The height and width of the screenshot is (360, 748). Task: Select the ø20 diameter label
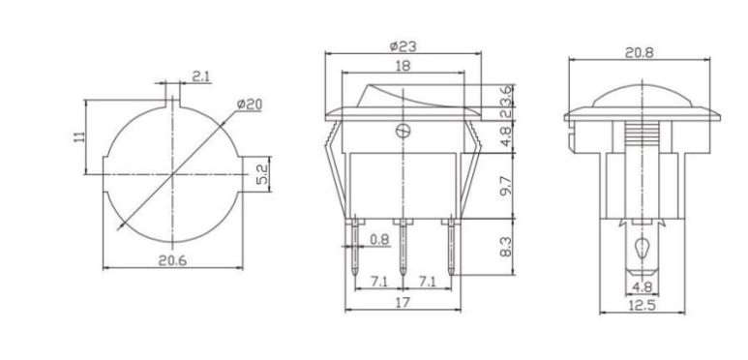(250, 104)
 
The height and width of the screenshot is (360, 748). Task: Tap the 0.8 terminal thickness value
(380, 238)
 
